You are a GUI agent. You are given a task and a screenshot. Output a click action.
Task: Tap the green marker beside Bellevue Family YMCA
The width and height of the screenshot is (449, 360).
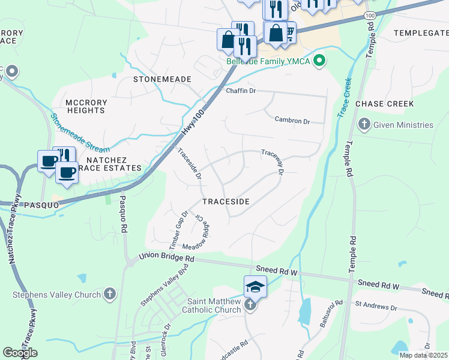coord(320,60)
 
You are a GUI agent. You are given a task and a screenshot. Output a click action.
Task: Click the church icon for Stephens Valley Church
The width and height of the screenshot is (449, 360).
coord(109,294)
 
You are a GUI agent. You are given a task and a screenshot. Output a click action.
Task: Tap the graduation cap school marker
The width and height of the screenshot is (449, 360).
coord(255,287)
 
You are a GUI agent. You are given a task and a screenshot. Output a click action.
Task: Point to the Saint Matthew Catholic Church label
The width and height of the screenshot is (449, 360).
coord(214,305)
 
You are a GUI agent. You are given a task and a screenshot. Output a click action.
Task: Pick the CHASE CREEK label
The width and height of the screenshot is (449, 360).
coord(385,104)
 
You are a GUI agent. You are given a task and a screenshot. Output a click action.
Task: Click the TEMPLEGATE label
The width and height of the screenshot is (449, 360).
coord(421,33)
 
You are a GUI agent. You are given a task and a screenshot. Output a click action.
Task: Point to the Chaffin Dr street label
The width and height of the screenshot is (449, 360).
coord(241,91)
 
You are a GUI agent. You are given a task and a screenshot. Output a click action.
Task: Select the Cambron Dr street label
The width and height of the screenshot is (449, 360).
coord(292,121)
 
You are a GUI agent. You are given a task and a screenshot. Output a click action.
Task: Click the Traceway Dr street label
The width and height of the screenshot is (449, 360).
coord(273,161)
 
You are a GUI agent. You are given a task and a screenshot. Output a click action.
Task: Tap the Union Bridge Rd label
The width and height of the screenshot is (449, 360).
coord(166,257)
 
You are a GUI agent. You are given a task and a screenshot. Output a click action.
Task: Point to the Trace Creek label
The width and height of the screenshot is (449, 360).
coord(346,97)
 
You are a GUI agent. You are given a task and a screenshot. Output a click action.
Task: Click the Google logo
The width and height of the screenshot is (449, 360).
coord(20,353)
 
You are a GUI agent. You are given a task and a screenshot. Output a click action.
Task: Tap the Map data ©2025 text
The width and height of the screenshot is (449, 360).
coord(423,355)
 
